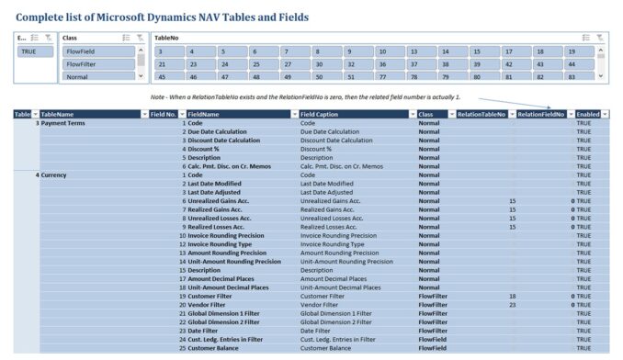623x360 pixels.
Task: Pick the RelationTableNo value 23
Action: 512,304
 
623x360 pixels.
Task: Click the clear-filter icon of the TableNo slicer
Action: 599,38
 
